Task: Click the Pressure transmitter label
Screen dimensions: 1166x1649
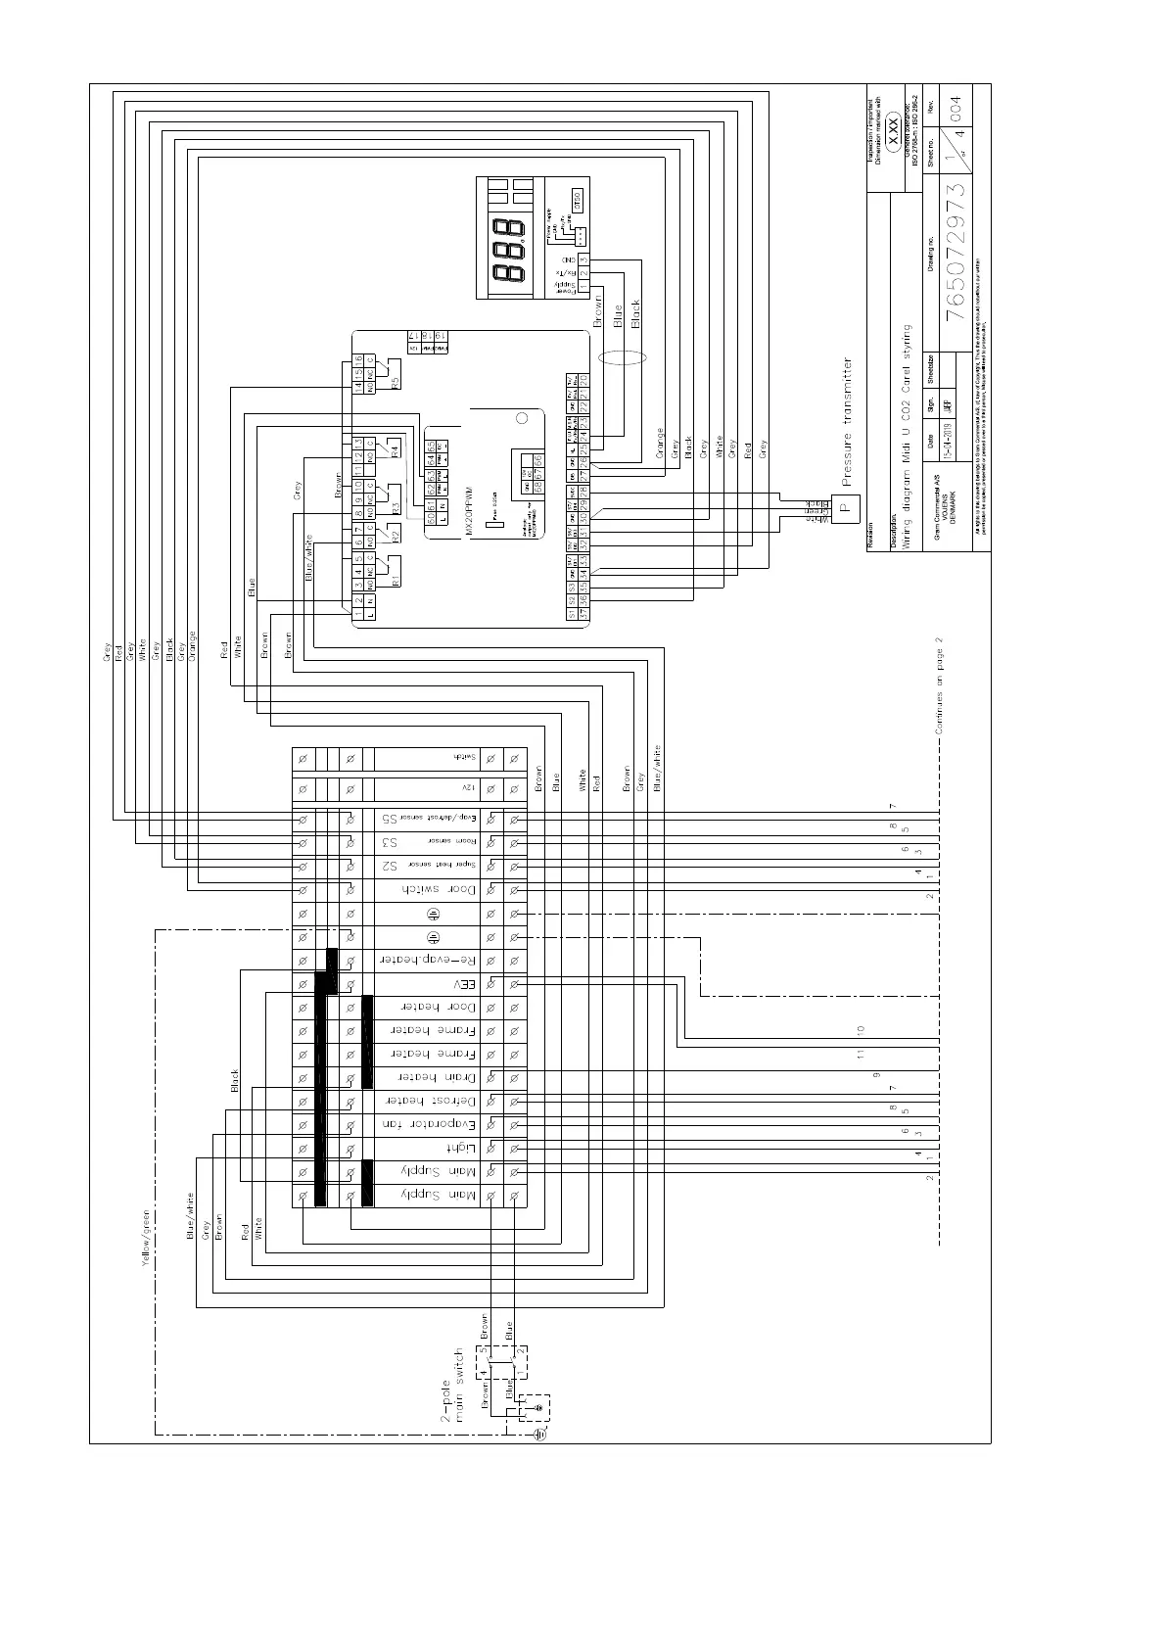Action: pyautogui.click(x=848, y=421)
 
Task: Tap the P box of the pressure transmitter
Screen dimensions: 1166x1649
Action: pyautogui.click(x=849, y=508)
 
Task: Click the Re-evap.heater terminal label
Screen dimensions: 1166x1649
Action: pyautogui.click(x=426, y=961)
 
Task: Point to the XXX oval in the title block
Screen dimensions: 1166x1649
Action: pyautogui.click(x=893, y=126)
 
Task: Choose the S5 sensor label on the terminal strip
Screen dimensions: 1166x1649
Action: pyautogui.click(x=389, y=819)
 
